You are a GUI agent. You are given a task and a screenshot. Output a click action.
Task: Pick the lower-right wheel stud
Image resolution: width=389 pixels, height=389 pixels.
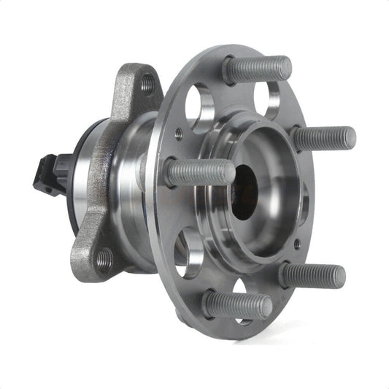[312, 275]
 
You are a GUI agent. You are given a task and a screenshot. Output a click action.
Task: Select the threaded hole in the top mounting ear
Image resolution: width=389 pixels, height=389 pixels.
[147, 85]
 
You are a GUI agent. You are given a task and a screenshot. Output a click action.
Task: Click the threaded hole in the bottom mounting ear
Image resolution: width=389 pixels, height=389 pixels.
[104, 259]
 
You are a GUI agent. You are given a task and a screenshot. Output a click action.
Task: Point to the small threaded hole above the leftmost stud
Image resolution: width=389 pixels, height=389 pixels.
[178, 134]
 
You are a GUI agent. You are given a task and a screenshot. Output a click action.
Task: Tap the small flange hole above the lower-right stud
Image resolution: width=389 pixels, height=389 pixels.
[296, 244]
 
